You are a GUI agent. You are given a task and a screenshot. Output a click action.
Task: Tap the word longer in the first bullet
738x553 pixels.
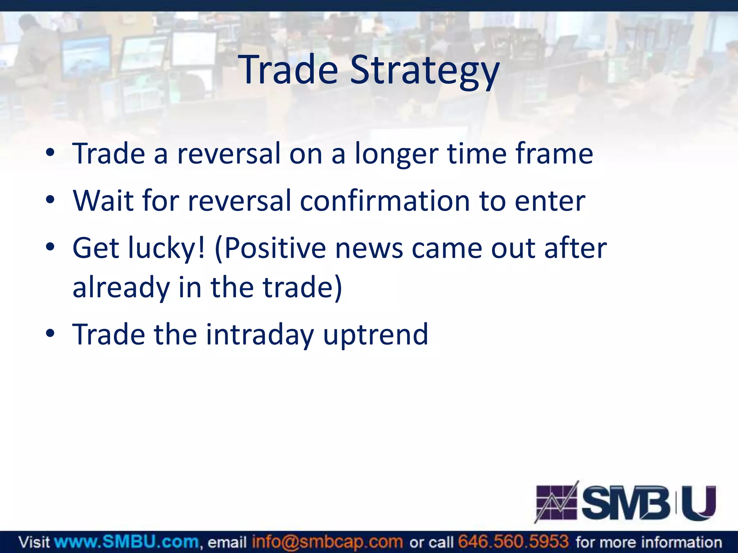(x=396, y=154)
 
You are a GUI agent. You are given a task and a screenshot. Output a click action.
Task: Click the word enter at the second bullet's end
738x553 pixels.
(x=550, y=201)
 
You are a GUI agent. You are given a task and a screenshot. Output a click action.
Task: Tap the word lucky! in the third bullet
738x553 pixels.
(x=167, y=248)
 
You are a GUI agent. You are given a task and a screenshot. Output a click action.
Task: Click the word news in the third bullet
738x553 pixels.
(x=369, y=248)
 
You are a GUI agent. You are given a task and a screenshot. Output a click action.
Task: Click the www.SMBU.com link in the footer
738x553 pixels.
(x=126, y=542)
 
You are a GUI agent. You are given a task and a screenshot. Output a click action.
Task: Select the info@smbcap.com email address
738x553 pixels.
(x=327, y=542)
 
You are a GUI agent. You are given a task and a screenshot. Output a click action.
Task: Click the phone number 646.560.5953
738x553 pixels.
(x=513, y=542)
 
